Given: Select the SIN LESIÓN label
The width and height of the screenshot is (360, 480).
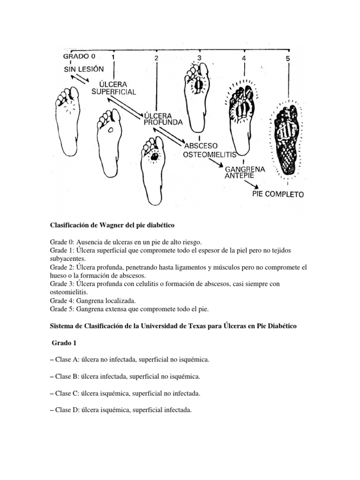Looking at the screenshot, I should (83, 69).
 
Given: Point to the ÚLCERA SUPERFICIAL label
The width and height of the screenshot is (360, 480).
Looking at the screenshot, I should (114, 87).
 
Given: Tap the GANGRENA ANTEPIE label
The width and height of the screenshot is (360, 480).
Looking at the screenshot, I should (245, 172).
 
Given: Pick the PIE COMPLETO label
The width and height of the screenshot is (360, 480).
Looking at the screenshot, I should (277, 194).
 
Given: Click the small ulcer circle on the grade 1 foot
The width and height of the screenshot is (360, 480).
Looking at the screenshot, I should (111, 131).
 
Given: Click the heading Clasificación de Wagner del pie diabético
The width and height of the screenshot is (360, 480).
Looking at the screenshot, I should (112, 225).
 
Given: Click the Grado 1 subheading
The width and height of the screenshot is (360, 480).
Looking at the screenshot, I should (64, 343).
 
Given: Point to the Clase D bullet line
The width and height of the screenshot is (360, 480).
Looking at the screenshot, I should (120, 410).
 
